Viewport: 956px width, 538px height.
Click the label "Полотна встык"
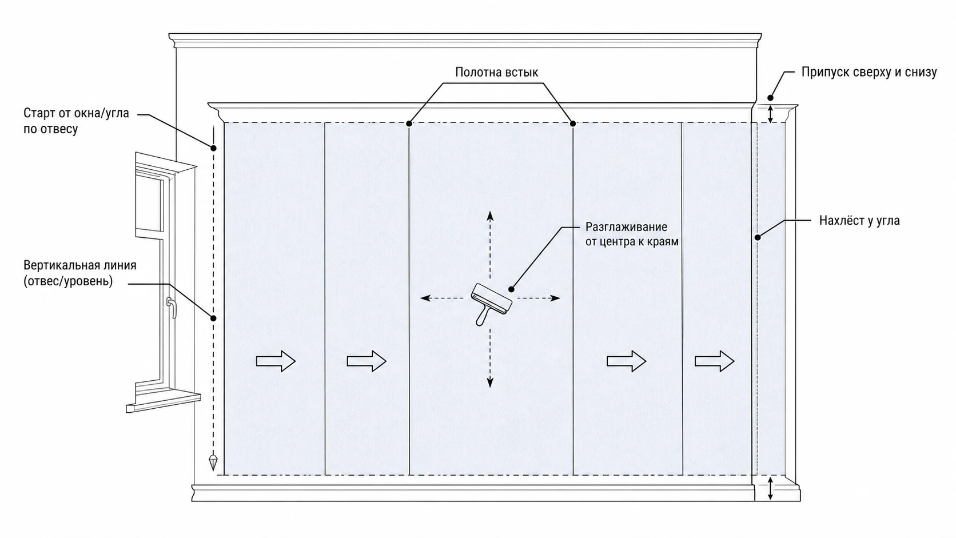tap(496, 72)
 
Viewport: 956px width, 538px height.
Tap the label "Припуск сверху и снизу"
tap(869, 72)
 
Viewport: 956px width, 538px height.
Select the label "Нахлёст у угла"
tap(859, 221)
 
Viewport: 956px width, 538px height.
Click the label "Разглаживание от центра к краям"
tap(632, 234)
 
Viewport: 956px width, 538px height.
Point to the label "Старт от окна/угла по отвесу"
tap(76, 121)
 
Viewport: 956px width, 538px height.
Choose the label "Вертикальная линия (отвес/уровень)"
tap(80, 273)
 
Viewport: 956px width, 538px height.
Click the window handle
tap(171, 307)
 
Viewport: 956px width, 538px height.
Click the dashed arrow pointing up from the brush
tap(490, 245)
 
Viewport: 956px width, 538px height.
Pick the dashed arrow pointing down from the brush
tap(490, 358)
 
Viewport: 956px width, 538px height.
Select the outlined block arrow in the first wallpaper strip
tap(276, 361)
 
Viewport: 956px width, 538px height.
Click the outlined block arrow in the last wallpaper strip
tap(715, 361)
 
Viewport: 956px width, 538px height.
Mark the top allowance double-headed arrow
tap(770, 114)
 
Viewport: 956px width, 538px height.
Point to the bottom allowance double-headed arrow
tap(770, 488)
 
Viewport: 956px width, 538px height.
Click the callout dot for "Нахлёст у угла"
tap(758, 237)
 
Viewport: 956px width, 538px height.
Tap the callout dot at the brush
tap(511, 289)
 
